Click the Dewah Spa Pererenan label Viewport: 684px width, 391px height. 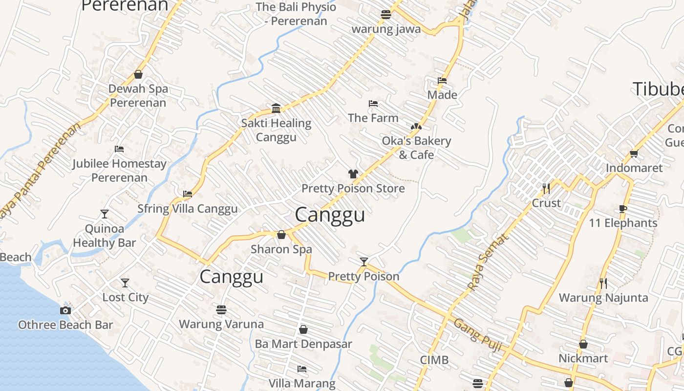click(138, 96)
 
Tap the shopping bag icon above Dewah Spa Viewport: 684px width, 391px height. click(138, 74)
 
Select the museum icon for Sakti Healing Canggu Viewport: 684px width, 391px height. click(276, 108)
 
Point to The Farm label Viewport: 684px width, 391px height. click(373, 118)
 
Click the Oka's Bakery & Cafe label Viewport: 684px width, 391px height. click(416, 148)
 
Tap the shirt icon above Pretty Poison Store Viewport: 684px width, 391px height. click(353, 174)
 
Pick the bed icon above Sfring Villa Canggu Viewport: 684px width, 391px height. click(188, 194)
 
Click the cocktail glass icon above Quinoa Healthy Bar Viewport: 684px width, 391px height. click(105, 214)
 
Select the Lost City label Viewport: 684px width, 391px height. click(125, 297)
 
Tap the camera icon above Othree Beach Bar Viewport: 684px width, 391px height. click(65, 310)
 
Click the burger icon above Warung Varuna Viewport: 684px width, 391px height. click(221, 309)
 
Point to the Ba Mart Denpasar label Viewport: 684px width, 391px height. click(303, 344)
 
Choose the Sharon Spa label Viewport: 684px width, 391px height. click(281, 249)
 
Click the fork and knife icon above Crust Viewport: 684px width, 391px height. click(546, 188)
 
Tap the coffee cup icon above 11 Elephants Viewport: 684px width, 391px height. click(623, 209)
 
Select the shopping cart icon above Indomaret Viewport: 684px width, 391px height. click(634, 153)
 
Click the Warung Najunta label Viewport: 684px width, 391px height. click(603, 298)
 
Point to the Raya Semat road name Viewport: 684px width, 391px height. click(488, 261)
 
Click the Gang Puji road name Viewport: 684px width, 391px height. click(478, 335)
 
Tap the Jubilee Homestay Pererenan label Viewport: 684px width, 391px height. click(120, 170)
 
